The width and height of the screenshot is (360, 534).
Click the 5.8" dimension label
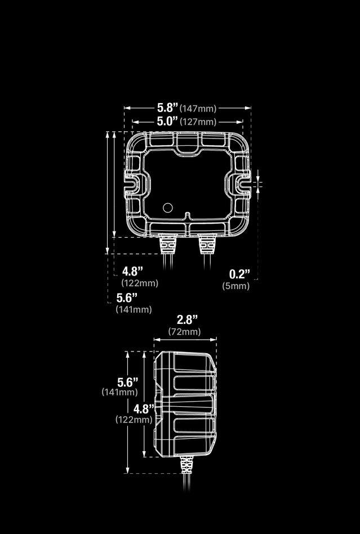point(167,107)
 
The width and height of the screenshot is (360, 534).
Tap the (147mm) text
point(198,108)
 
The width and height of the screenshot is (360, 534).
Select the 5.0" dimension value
point(167,121)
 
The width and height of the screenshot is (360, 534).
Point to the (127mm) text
point(198,122)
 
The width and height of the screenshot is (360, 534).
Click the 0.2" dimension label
point(239,274)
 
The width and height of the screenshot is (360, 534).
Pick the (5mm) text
point(236,286)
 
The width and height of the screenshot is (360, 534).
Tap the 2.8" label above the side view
point(187,320)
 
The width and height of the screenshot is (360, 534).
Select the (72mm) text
point(184,332)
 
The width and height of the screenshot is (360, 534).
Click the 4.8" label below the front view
point(132,272)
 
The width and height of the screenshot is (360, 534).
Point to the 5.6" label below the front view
point(127,297)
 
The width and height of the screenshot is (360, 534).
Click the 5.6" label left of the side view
point(127,381)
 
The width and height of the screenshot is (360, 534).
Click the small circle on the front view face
point(167,207)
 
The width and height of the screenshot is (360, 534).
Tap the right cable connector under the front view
point(206,244)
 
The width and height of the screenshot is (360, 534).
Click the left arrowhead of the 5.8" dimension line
point(126,108)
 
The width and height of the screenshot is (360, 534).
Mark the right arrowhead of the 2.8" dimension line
point(214,340)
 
